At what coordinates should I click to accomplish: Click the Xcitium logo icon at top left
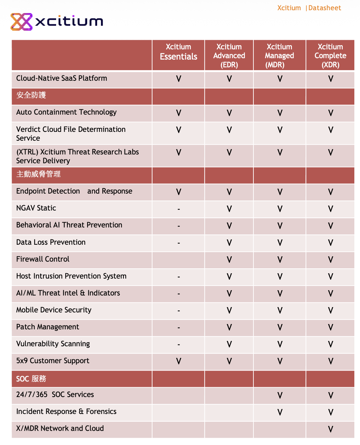(x=22, y=22)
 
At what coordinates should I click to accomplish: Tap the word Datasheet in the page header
(x=325, y=8)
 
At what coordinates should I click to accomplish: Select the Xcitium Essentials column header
(x=179, y=52)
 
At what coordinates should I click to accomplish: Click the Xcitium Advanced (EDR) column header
(x=229, y=56)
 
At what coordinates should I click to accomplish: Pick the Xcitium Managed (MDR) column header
(x=280, y=56)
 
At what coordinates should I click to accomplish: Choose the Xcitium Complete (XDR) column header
(x=330, y=56)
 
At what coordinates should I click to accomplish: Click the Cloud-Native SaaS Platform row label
(x=61, y=78)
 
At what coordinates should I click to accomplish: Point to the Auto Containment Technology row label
(x=66, y=112)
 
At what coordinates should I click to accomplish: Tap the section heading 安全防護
(x=31, y=95)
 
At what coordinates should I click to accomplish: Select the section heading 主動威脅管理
(x=38, y=174)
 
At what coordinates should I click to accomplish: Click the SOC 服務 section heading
(x=31, y=379)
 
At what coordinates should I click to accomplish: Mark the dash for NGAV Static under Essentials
(x=179, y=209)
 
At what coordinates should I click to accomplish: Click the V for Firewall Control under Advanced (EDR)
(x=229, y=260)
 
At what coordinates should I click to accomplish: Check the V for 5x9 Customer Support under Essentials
(x=179, y=361)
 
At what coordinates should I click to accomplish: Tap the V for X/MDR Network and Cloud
(x=330, y=429)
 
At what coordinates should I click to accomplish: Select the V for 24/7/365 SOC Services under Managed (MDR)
(x=280, y=395)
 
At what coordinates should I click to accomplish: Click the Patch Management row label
(x=48, y=327)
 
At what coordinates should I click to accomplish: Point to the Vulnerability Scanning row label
(x=53, y=344)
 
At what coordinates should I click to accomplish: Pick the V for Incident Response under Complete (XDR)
(x=330, y=412)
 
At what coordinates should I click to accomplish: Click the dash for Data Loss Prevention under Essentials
(x=179, y=243)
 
